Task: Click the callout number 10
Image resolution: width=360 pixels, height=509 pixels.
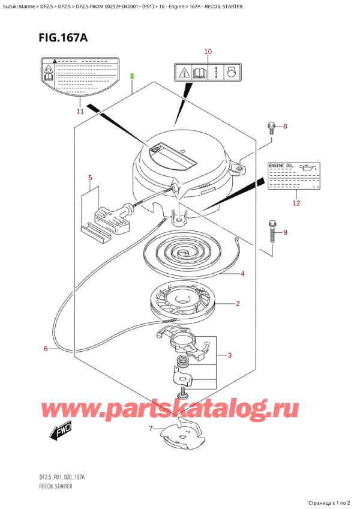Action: pyautogui.click(x=208, y=52)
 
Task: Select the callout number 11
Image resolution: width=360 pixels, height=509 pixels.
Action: pyautogui.click(x=79, y=111)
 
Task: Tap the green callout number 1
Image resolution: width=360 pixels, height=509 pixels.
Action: pyautogui.click(x=132, y=76)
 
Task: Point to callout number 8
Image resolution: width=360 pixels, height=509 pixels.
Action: pyautogui.click(x=285, y=127)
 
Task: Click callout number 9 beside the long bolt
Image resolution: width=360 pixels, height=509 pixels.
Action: pyautogui.click(x=285, y=232)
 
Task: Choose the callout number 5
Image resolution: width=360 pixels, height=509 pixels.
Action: pyautogui.click(x=90, y=178)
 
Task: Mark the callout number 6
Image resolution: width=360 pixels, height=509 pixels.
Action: pyautogui.click(x=46, y=348)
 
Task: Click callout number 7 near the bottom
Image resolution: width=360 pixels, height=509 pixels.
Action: pyautogui.click(x=152, y=429)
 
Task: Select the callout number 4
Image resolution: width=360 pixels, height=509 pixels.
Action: pyautogui.click(x=242, y=274)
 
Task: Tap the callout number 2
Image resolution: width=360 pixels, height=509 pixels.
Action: pyautogui.click(x=238, y=304)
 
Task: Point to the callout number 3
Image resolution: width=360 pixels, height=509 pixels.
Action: pyautogui.click(x=230, y=356)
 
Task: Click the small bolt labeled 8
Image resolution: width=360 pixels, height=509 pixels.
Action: pyautogui.click(x=271, y=127)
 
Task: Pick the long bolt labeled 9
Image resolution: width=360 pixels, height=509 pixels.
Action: pyautogui.click(x=272, y=230)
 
